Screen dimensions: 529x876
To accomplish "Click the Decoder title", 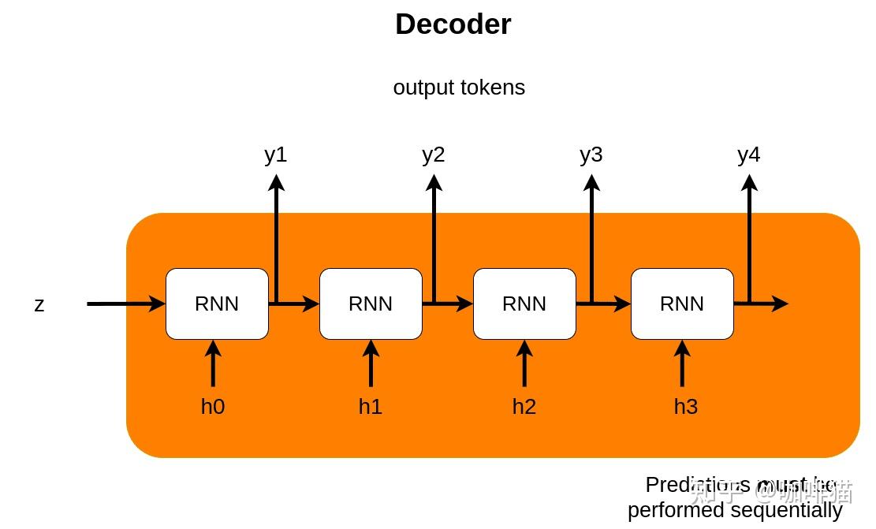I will (453, 24).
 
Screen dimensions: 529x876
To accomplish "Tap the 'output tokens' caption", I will (459, 88).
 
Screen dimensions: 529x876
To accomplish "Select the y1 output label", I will (275, 155).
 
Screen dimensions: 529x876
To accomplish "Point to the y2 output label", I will (433, 155).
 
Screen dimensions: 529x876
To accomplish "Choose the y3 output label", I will (591, 155).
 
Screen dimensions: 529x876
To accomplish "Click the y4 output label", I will (748, 155).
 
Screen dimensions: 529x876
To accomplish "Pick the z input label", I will (39, 304).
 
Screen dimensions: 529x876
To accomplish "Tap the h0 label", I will (213, 407).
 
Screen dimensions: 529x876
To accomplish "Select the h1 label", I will (371, 407).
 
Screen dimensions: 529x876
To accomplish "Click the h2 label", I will (524, 407).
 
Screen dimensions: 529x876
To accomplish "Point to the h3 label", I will (686, 407).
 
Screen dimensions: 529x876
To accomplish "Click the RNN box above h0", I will (217, 304).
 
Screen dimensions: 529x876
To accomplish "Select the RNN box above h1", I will (371, 304).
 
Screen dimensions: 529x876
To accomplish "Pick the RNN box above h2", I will (524, 304).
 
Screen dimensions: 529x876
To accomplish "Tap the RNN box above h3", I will (682, 304).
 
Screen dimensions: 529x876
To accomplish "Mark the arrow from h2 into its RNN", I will (524, 364).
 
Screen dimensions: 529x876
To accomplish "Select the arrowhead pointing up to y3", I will (591, 182).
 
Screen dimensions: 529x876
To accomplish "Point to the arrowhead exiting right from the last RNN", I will (780, 304).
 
